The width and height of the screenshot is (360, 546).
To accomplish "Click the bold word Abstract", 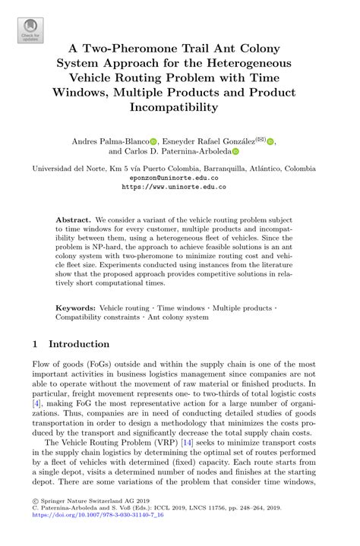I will click(74, 219).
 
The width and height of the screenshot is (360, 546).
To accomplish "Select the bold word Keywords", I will click(76, 308).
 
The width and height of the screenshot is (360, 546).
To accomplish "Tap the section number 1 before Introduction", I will click(35, 344).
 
